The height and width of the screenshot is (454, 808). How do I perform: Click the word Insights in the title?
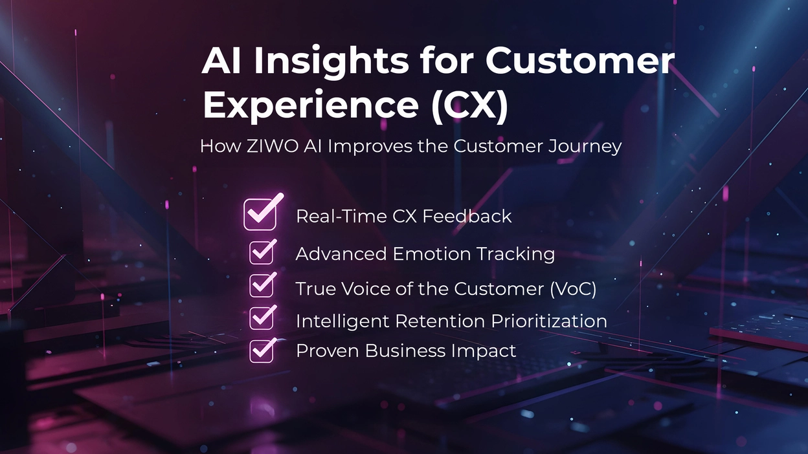pyautogui.click(x=331, y=61)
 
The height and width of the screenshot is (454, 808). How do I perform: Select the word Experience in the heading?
pyautogui.click(x=311, y=105)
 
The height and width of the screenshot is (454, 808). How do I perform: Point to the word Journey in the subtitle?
pyautogui.click(x=585, y=147)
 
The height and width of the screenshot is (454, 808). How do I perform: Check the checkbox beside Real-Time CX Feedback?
pyautogui.click(x=260, y=215)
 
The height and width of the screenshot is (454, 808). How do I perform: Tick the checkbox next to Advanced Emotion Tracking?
pyautogui.click(x=261, y=252)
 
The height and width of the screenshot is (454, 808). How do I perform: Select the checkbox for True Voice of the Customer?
pyautogui.click(x=261, y=285)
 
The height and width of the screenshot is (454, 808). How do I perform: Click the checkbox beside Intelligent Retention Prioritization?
pyautogui.click(x=261, y=318)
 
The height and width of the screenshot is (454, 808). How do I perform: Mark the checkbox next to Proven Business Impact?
pyautogui.click(x=261, y=351)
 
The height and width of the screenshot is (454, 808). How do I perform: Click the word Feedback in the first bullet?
pyautogui.click(x=467, y=216)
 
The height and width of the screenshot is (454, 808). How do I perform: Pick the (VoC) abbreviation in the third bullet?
pyautogui.click(x=573, y=289)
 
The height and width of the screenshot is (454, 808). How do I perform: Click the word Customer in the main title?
pyautogui.click(x=579, y=61)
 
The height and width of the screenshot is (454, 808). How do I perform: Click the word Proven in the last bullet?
pyautogui.click(x=328, y=351)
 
